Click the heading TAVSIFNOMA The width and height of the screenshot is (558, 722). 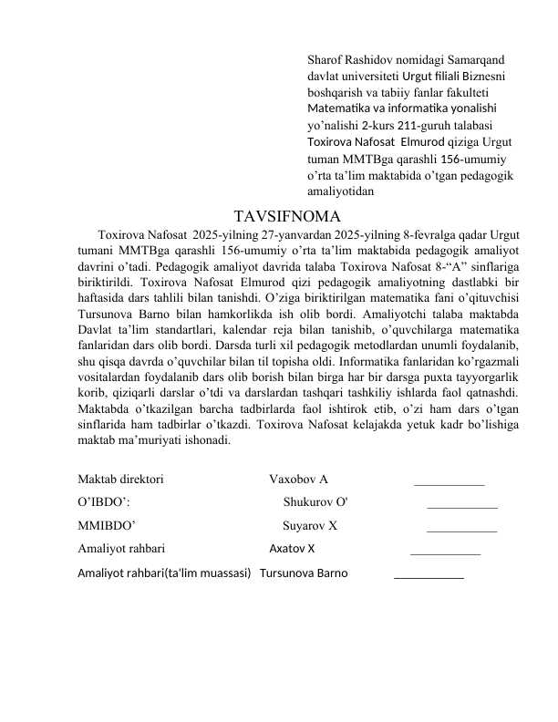pyautogui.click(x=287, y=217)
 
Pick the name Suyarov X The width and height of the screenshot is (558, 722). pyautogui.click(x=310, y=525)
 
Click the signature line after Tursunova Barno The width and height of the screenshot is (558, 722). pyautogui.click(x=429, y=576)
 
